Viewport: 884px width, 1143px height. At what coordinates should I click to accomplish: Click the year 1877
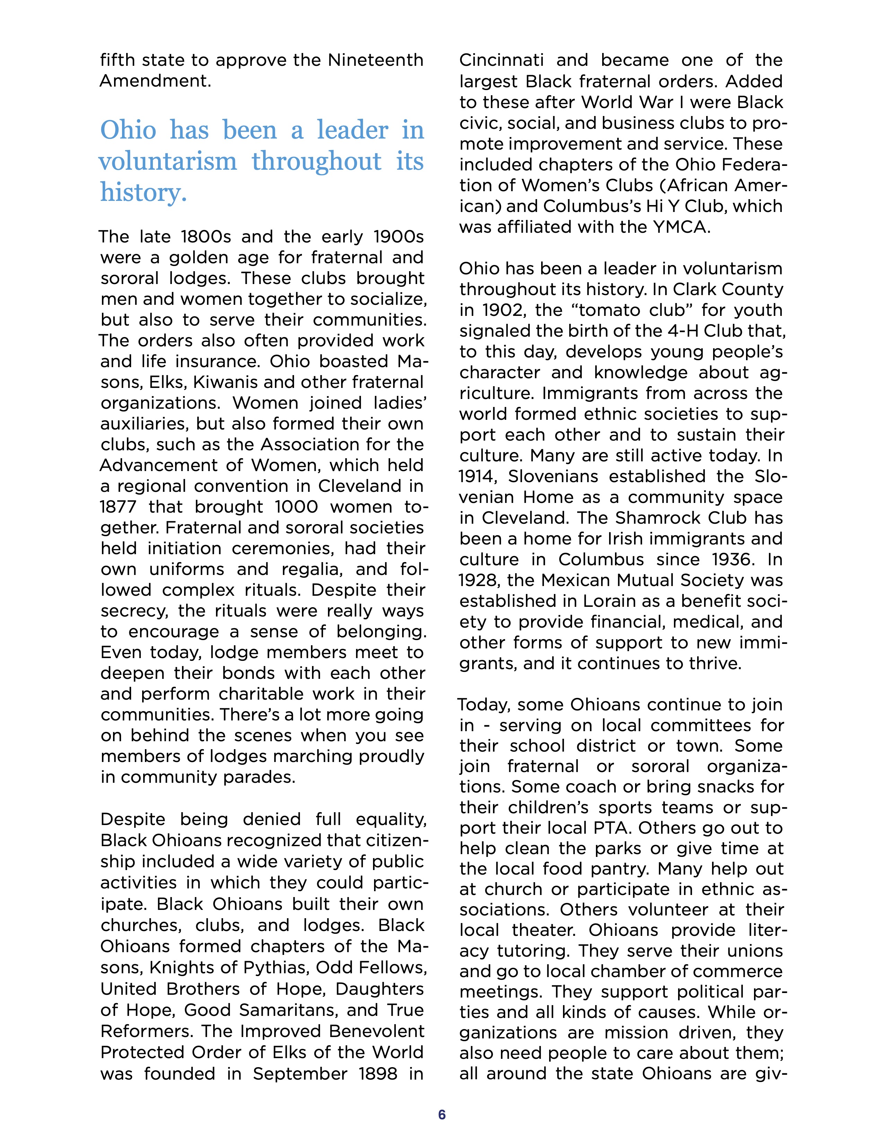(x=118, y=507)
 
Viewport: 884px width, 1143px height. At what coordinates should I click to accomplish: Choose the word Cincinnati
(x=501, y=60)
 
